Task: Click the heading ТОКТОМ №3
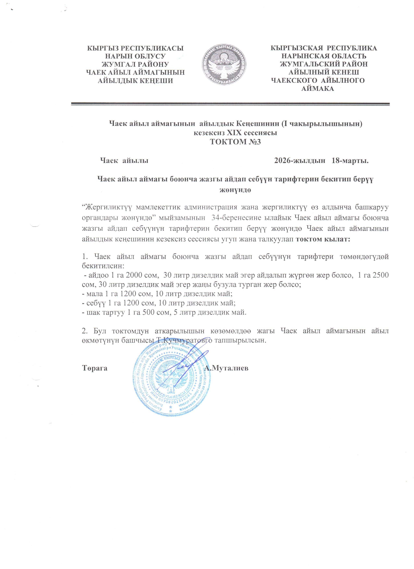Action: (x=235, y=142)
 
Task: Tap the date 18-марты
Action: (x=350, y=161)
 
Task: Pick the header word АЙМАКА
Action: (x=318, y=89)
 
